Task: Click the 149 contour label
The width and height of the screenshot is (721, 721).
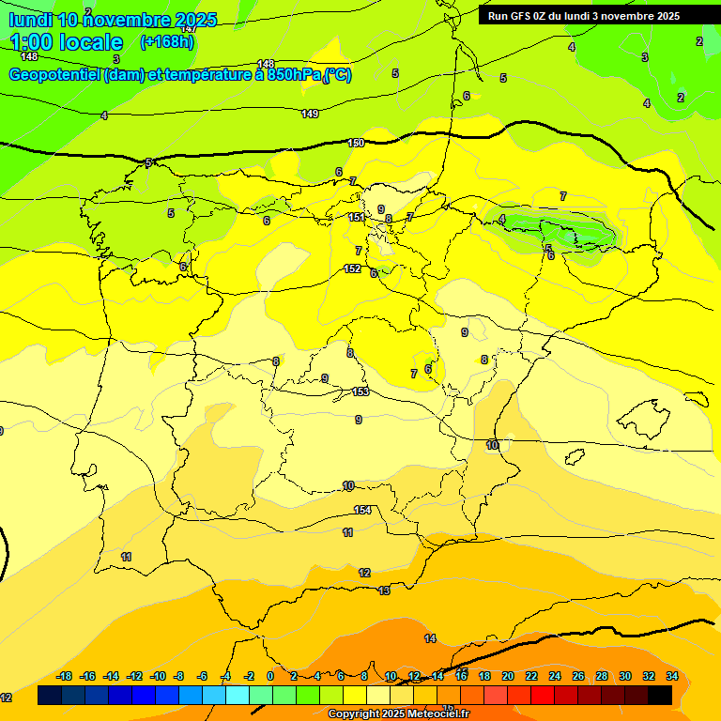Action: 310,114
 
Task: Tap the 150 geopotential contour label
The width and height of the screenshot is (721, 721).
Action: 356,143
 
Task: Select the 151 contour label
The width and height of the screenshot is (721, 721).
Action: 356,217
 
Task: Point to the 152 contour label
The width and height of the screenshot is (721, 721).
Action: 352,268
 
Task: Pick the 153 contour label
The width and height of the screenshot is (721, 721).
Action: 360,391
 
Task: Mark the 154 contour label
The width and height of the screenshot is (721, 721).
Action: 362,510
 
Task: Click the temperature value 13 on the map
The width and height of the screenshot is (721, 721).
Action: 384,591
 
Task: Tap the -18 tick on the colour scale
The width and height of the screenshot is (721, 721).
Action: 65,676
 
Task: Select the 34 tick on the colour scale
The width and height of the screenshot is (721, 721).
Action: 672,676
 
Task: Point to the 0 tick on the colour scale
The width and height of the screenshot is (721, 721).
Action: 270,676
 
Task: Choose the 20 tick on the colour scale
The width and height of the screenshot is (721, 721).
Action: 508,676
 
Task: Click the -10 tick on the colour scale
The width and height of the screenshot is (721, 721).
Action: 158,676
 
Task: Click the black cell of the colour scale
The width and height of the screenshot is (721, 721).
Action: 660,696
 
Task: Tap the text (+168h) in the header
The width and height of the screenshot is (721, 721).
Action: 167,41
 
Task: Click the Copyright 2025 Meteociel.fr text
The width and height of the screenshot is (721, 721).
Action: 398,714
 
